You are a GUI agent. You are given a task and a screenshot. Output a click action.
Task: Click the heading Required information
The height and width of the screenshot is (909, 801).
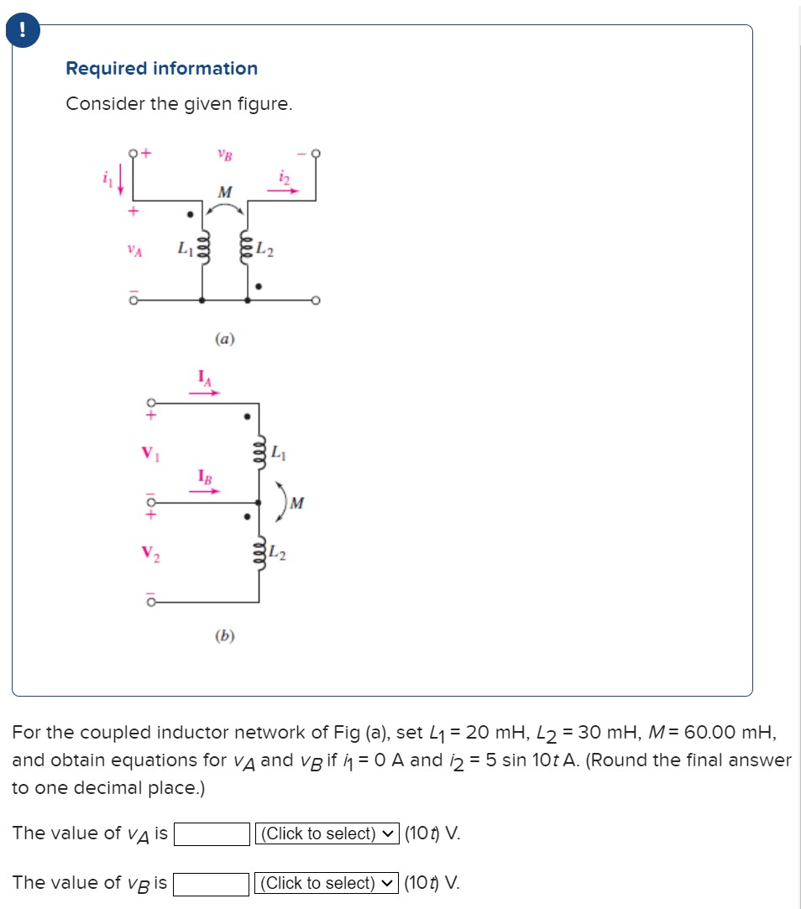click(162, 69)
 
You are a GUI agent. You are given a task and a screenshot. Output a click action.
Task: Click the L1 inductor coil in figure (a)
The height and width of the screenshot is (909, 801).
click(202, 249)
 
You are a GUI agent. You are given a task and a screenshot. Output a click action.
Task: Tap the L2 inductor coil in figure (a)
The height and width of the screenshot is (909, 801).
click(248, 249)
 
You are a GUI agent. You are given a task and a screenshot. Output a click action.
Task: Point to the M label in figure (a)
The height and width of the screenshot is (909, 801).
click(224, 193)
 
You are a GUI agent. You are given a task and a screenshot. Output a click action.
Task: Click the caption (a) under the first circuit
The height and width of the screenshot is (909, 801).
click(224, 339)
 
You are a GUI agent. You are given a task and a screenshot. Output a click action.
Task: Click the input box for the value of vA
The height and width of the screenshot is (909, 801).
click(211, 834)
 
